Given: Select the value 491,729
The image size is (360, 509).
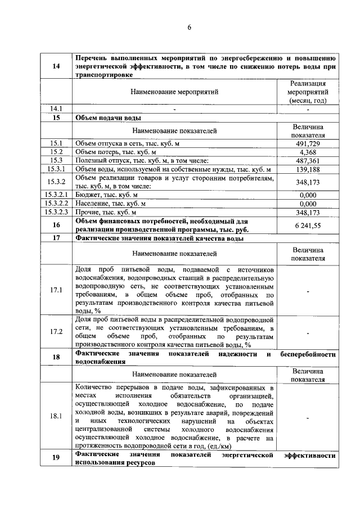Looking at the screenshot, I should tap(308, 144).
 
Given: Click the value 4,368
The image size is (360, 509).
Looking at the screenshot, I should tap(308, 152).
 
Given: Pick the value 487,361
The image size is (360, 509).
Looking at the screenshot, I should tap(308, 161).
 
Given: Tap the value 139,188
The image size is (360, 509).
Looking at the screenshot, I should tap(308, 169).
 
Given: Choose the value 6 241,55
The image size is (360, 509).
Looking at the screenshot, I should tap(308, 225).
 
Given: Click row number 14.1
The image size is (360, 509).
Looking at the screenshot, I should tap(56, 109).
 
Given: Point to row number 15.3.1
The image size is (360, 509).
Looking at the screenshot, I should tap(56, 169).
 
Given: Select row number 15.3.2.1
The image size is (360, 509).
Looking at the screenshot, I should tap(56, 195).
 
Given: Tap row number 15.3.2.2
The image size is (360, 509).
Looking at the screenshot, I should tap(56, 203).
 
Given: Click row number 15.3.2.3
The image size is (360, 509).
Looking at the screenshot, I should tap(56, 212).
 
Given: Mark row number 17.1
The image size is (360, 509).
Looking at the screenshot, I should tap(56, 290).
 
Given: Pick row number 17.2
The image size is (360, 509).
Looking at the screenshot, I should tap(56, 332).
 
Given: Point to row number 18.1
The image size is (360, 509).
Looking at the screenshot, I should tap(56, 417).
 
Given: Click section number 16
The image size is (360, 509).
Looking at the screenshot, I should tap(56, 225).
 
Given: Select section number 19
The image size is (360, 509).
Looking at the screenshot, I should tap(56, 457).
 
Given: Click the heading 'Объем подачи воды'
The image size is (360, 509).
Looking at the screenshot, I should tap(108, 118).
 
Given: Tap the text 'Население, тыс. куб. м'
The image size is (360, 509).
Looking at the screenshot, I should tap(111, 203).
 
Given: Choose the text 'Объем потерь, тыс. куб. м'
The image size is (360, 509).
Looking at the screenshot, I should tap(116, 152).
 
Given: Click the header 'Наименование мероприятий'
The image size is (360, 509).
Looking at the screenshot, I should tap(174, 91).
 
